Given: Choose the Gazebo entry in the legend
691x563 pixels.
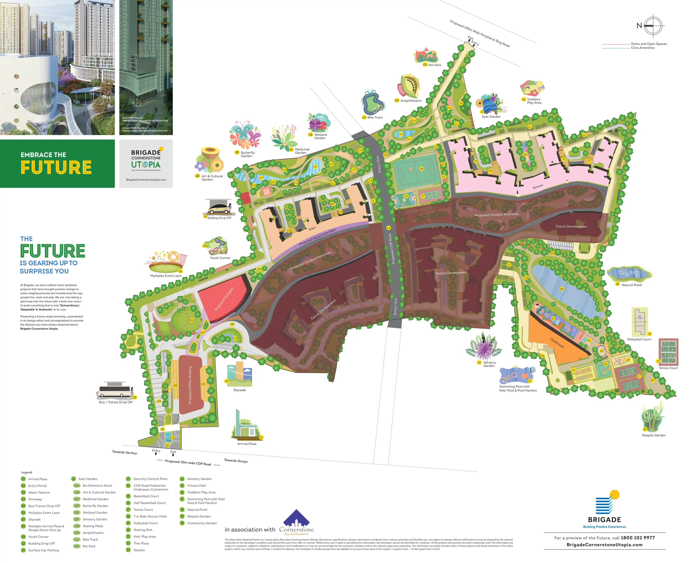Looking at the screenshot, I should (x=139, y=550).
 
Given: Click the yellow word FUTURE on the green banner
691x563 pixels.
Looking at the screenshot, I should (x=56, y=167).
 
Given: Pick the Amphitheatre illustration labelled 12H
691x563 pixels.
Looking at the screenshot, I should (x=409, y=86).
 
